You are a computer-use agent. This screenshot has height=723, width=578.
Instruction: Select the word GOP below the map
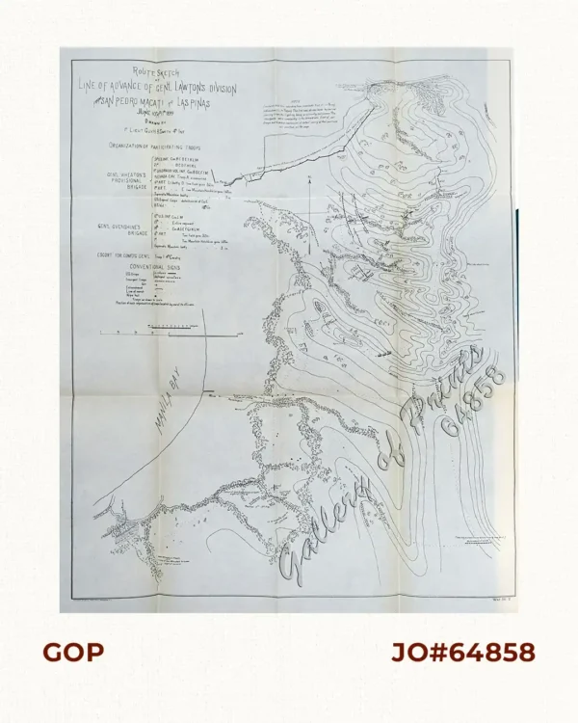pos(73,653)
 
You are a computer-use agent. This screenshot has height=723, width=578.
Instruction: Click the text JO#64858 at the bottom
pos(462,653)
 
